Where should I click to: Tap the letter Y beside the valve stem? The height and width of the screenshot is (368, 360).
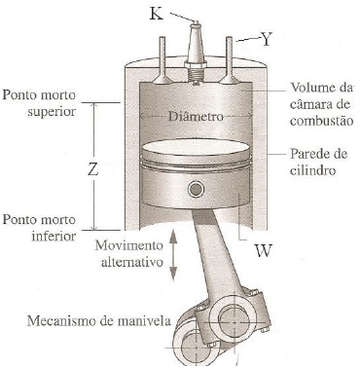click(x=267, y=39)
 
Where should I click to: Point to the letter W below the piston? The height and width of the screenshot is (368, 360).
click(x=262, y=251)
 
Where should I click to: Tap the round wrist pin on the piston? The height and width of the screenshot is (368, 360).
click(x=198, y=189)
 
